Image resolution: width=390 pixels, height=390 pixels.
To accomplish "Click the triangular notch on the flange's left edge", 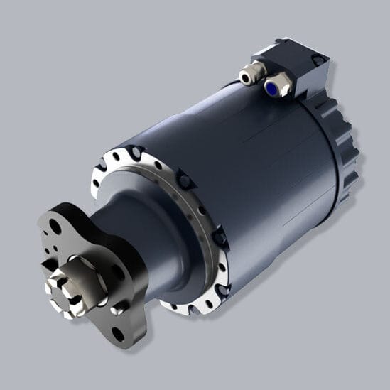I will (x=44, y=264).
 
